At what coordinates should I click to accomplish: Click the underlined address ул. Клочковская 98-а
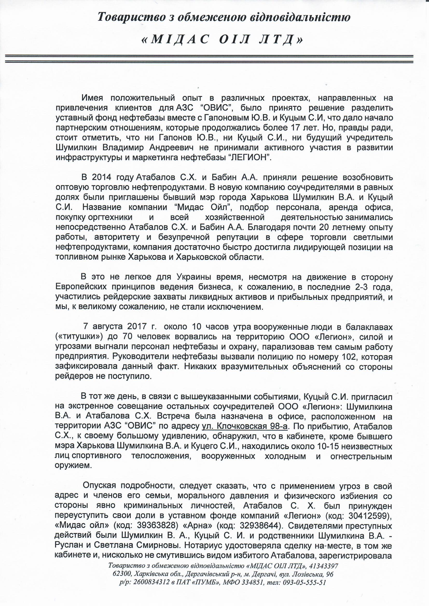[245, 426]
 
